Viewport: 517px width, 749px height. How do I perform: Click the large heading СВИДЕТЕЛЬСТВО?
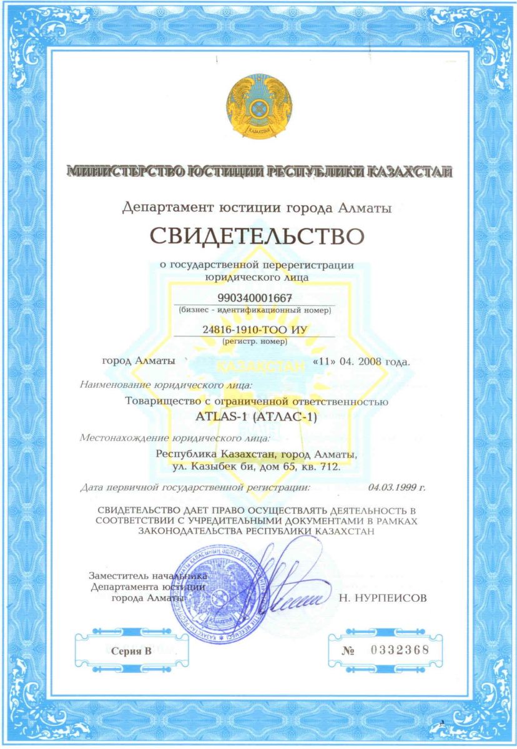click(x=256, y=237)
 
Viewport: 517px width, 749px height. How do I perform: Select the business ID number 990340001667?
click(x=256, y=297)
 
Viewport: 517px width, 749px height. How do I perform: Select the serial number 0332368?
click(x=400, y=649)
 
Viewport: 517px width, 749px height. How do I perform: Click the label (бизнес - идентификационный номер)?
click(x=256, y=309)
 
